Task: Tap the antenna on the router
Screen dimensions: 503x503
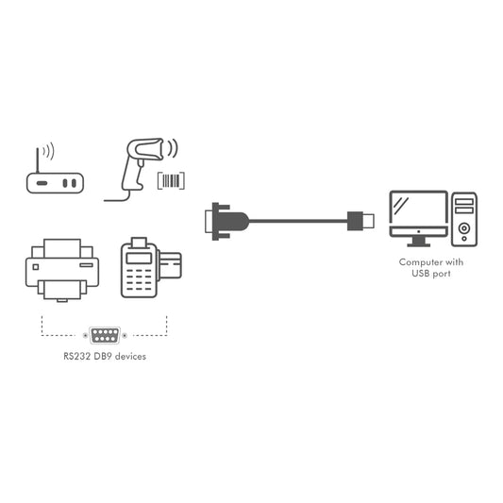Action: tap(38, 160)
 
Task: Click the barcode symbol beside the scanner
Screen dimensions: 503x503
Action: tap(172, 181)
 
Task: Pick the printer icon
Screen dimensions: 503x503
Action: tap(62, 270)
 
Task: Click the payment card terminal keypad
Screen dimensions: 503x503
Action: tap(139, 279)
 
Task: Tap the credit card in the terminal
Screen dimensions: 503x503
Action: tap(170, 265)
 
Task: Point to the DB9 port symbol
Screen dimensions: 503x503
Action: tap(105, 336)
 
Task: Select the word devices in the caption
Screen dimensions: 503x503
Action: tap(130, 357)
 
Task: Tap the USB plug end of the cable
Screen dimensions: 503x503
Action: tap(360, 221)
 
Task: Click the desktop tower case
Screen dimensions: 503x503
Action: tap(464, 220)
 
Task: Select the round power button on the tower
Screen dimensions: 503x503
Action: tap(464, 228)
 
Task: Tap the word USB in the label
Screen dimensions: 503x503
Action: tap(420, 274)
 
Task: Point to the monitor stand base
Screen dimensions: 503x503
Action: tap(419, 244)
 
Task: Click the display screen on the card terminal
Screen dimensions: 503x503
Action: tap(139, 258)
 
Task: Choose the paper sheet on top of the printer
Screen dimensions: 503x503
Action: tap(62, 248)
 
